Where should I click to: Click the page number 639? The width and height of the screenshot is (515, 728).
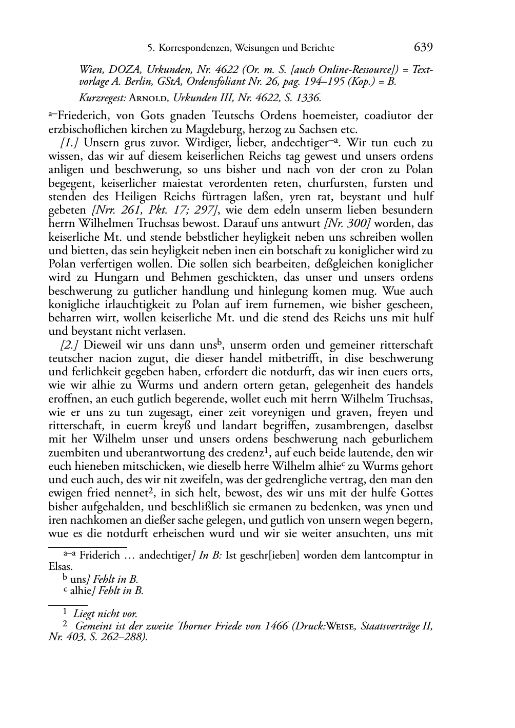423,47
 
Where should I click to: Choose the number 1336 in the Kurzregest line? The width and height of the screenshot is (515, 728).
307,97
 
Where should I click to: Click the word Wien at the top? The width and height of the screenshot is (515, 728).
91,70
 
